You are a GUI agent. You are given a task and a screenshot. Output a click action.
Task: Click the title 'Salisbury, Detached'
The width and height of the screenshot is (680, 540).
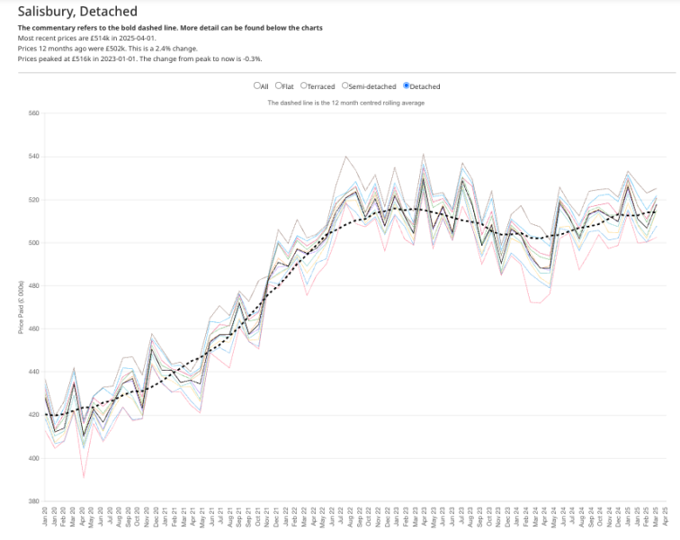coord(77,12)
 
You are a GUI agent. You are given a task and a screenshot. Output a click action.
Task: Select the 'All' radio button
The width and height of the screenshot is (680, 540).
coord(256,86)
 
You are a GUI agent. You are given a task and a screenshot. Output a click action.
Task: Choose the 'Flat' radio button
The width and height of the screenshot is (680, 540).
coord(278,86)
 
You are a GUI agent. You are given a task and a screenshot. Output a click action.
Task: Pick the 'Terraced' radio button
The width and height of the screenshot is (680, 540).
coord(304,86)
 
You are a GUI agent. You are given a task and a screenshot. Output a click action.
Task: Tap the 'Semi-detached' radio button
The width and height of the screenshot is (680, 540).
coord(344,86)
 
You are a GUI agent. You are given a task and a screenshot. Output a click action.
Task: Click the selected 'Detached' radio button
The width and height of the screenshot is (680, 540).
coord(407,86)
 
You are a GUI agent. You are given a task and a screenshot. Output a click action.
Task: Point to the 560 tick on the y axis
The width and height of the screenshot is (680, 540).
coord(33,113)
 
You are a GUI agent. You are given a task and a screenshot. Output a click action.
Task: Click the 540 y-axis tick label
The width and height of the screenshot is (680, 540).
coord(33,157)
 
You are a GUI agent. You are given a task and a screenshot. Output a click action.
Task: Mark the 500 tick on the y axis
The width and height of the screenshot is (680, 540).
coord(33,243)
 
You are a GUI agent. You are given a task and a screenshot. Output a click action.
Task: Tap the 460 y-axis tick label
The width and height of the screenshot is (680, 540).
coord(33,328)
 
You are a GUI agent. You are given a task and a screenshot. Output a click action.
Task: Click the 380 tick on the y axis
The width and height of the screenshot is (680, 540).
coord(33,501)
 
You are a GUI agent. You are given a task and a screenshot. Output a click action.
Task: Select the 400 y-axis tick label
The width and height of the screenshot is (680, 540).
coord(33,458)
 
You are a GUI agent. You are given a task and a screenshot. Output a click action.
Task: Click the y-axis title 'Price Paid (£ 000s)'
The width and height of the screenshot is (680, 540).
coord(21,307)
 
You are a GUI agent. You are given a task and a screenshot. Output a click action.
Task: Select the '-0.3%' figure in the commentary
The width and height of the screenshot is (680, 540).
coord(250,58)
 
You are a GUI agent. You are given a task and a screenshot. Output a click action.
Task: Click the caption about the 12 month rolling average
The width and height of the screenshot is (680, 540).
coord(346,103)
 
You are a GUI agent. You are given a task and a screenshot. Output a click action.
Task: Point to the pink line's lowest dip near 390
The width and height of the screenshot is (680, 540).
coord(84,477)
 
